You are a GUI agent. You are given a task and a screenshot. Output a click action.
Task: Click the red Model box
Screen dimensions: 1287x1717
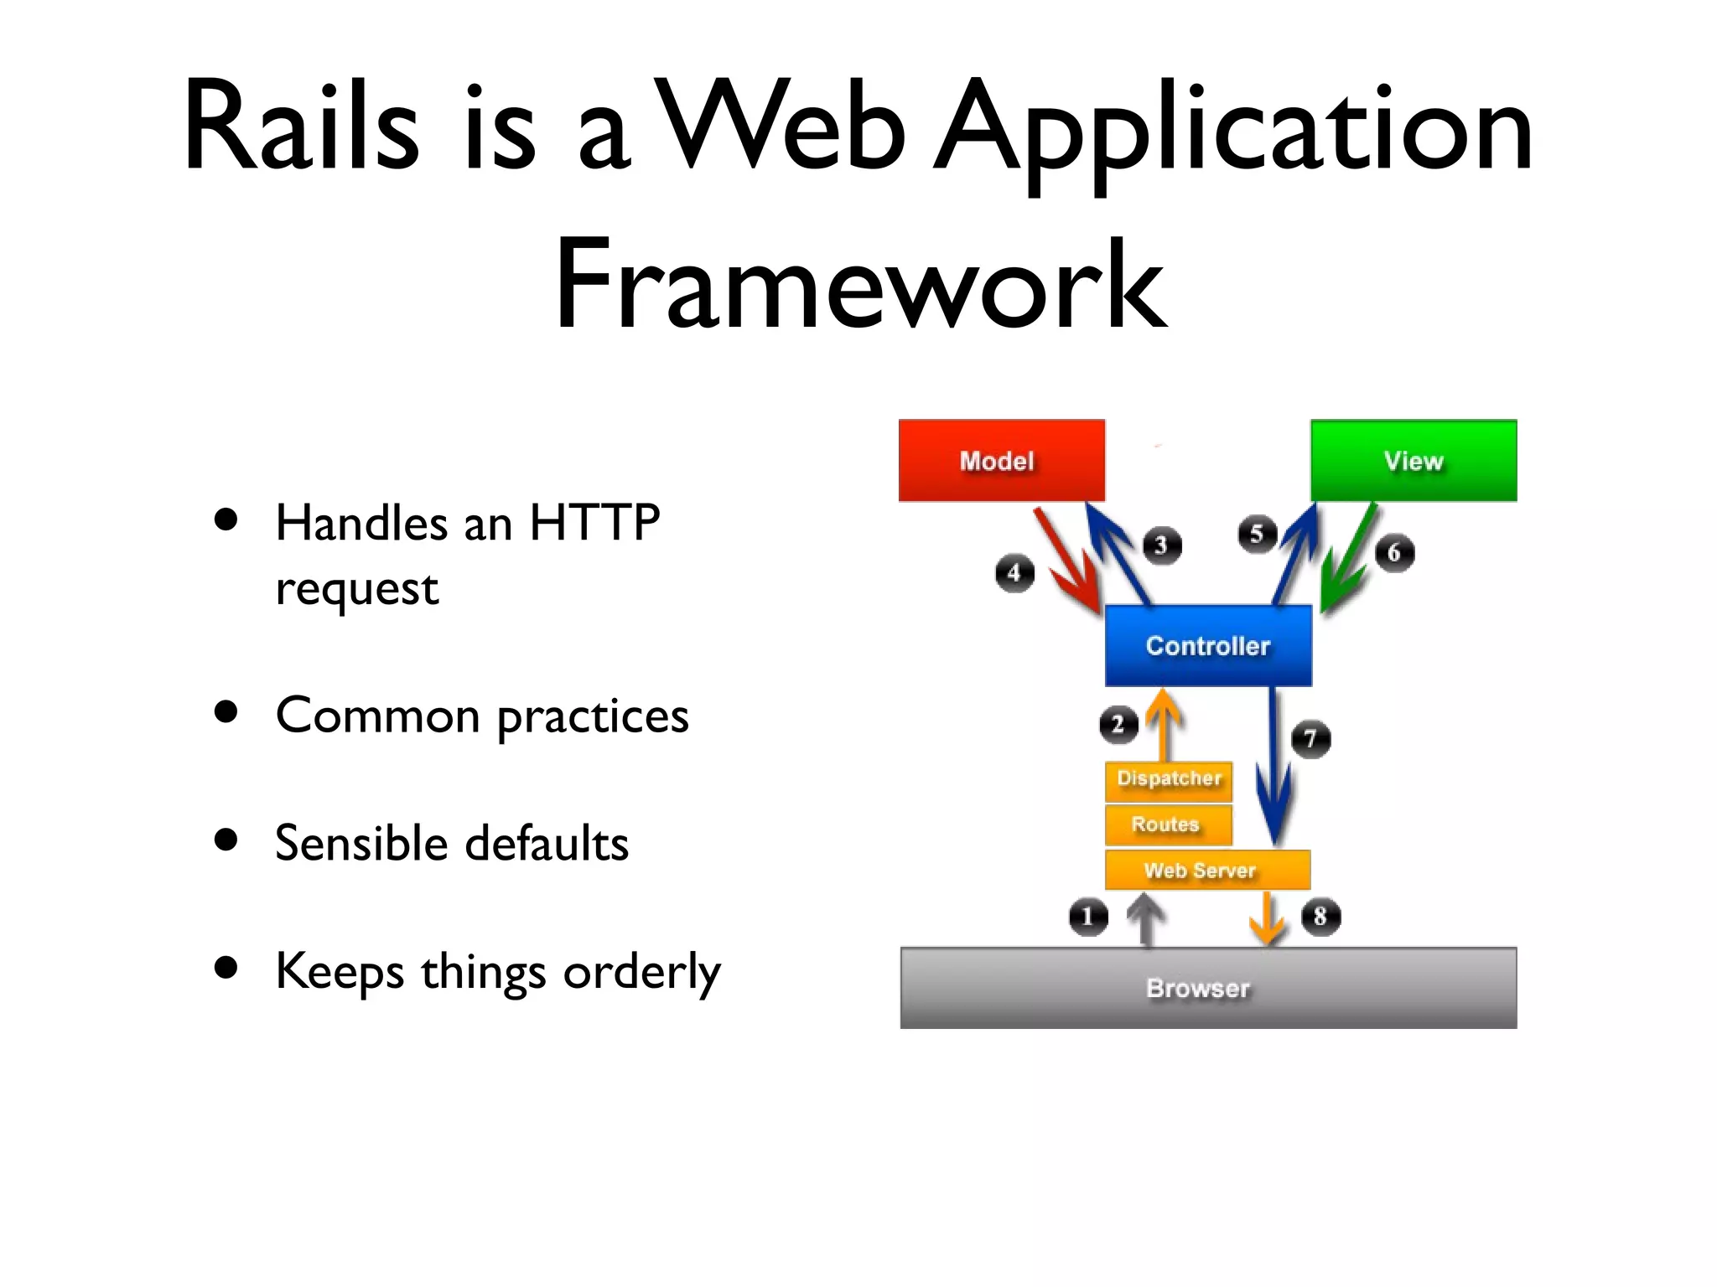pyautogui.click(x=1001, y=460)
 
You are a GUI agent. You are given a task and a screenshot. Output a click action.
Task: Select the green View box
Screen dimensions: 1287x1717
pyautogui.click(x=1414, y=460)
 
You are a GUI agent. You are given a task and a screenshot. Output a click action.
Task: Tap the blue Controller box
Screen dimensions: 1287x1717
pyautogui.click(x=1208, y=645)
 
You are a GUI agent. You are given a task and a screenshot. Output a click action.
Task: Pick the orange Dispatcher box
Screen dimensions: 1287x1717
pyautogui.click(x=1169, y=778)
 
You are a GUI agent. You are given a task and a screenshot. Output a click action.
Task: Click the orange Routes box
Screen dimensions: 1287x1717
pyautogui.click(x=1169, y=824)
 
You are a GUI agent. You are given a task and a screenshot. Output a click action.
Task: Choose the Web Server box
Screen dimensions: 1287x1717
pyautogui.click(x=1207, y=870)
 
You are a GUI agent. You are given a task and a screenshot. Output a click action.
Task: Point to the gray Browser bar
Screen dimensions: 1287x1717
pyautogui.click(x=1207, y=988)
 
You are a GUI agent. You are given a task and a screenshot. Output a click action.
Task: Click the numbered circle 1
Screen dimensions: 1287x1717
pyautogui.click(x=1088, y=916)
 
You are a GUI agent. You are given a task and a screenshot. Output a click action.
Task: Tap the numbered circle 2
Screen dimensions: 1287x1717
pyautogui.click(x=1118, y=724)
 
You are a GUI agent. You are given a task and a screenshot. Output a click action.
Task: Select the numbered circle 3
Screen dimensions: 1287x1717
pyautogui.click(x=1162, y=545)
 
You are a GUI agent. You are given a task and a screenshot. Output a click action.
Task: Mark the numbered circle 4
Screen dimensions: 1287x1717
pyautogui.click(x=1014, y=573)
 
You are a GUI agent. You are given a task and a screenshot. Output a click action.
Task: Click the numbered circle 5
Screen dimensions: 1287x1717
pyautogui.click(x=1257, y=534)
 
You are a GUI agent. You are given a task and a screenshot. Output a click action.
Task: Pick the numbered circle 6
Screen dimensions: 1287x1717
pyautogui.click(x=1394, y=553)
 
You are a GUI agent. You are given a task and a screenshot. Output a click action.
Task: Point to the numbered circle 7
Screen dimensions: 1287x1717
pyautogui.click(x=1310, y=739)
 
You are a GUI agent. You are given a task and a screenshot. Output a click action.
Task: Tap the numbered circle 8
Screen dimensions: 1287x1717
pyautogui.click(x=1320, y=916)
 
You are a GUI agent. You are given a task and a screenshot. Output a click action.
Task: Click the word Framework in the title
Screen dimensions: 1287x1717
pyautogui.click(x=859, y=285)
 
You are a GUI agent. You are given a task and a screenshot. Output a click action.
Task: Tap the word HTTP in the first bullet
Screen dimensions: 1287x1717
pyautogui.click(x=594, y=523)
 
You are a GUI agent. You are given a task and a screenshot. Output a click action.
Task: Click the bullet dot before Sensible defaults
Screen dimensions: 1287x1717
pyautogui.click(x=226, y=840)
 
